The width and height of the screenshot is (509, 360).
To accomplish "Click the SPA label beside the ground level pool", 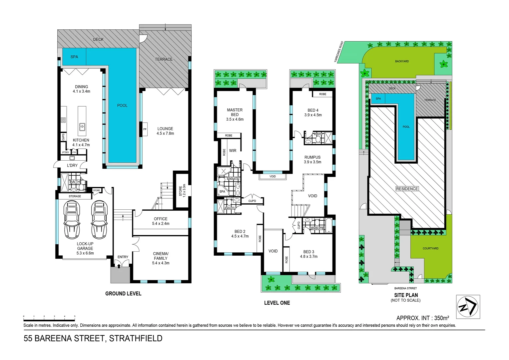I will [74, 57].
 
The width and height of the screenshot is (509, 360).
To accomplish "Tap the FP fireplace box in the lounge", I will [145, 129].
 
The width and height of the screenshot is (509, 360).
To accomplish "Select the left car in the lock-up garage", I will [72, 220].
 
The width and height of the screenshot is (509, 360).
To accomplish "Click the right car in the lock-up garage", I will [99, 220].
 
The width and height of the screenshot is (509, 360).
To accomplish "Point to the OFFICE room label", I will [161, 219].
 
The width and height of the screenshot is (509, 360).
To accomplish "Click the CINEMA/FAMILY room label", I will [161, 256].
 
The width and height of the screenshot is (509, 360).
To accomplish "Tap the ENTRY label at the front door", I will [123, 257].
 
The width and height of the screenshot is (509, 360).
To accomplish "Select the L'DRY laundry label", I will [72, 165].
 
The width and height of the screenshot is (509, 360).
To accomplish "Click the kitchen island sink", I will [82, 127].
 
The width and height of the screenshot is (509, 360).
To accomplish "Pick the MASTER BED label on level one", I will [235, 112].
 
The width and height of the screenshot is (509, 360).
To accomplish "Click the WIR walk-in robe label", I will [233, 151].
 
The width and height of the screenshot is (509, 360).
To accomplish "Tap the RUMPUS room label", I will [312, 157].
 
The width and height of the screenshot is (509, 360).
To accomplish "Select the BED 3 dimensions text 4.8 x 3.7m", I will [308, 257].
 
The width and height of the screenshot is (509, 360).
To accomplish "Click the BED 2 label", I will [240, 231].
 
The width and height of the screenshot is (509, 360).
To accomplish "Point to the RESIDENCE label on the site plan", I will [407, 189].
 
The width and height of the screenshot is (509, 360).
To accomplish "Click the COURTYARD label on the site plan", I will [430, 248].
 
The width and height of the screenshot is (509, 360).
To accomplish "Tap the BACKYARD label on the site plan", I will [402, 61].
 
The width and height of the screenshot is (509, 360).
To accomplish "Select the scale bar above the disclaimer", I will [49, 317].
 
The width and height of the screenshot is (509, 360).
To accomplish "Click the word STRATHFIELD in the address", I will [136, 338].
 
